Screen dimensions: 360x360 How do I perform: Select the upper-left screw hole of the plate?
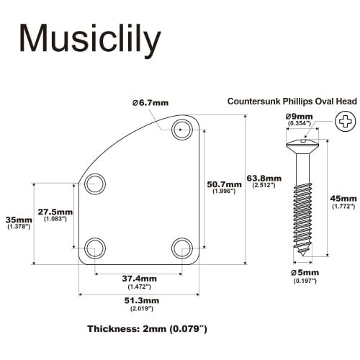[x=94, y=184]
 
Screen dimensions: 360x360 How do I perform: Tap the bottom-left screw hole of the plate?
[x=94, y=249]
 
